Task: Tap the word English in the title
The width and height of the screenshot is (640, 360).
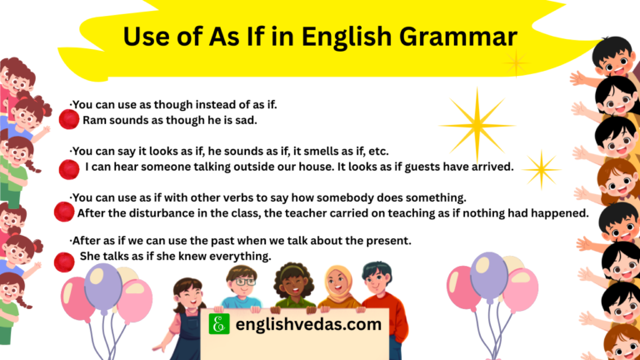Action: click(x=346, y=37)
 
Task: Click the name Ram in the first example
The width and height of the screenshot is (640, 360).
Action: click(x=93, y=120)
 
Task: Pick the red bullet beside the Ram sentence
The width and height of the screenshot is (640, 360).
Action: click(x=68, y=120)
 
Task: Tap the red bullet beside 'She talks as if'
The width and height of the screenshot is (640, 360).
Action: click(x=64, y=262)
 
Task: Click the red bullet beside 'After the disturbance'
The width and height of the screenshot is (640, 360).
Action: click(x=63, y=212)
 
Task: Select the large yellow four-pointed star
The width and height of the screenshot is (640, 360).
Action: click(x=477, y=125)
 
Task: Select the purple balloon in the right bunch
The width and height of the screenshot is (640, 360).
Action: click(x=489, y=275)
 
